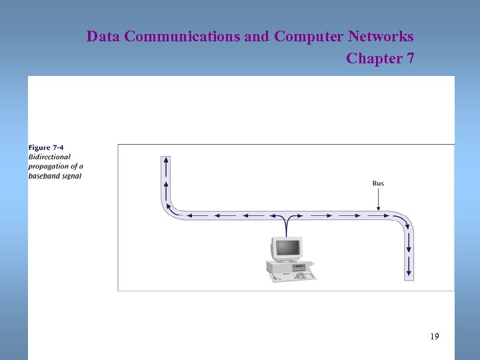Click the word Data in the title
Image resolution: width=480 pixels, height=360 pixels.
click(103, 37)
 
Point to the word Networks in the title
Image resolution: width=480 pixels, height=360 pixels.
click(381, 37)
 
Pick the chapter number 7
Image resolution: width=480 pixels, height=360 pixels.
click(410, 59)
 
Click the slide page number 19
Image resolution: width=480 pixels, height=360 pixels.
click(434, 337)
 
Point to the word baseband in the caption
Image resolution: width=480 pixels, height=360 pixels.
click(43, 176)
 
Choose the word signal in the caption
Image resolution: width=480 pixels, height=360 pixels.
click(72, 176)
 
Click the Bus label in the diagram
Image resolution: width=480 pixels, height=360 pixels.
click(378, 183)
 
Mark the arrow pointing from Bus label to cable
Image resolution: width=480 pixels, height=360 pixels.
click(378, 199)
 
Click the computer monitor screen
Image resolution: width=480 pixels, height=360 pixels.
click(287, 249)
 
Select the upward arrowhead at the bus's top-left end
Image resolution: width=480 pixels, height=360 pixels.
click(166, 160)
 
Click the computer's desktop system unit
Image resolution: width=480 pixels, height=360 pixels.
click(283, 266)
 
